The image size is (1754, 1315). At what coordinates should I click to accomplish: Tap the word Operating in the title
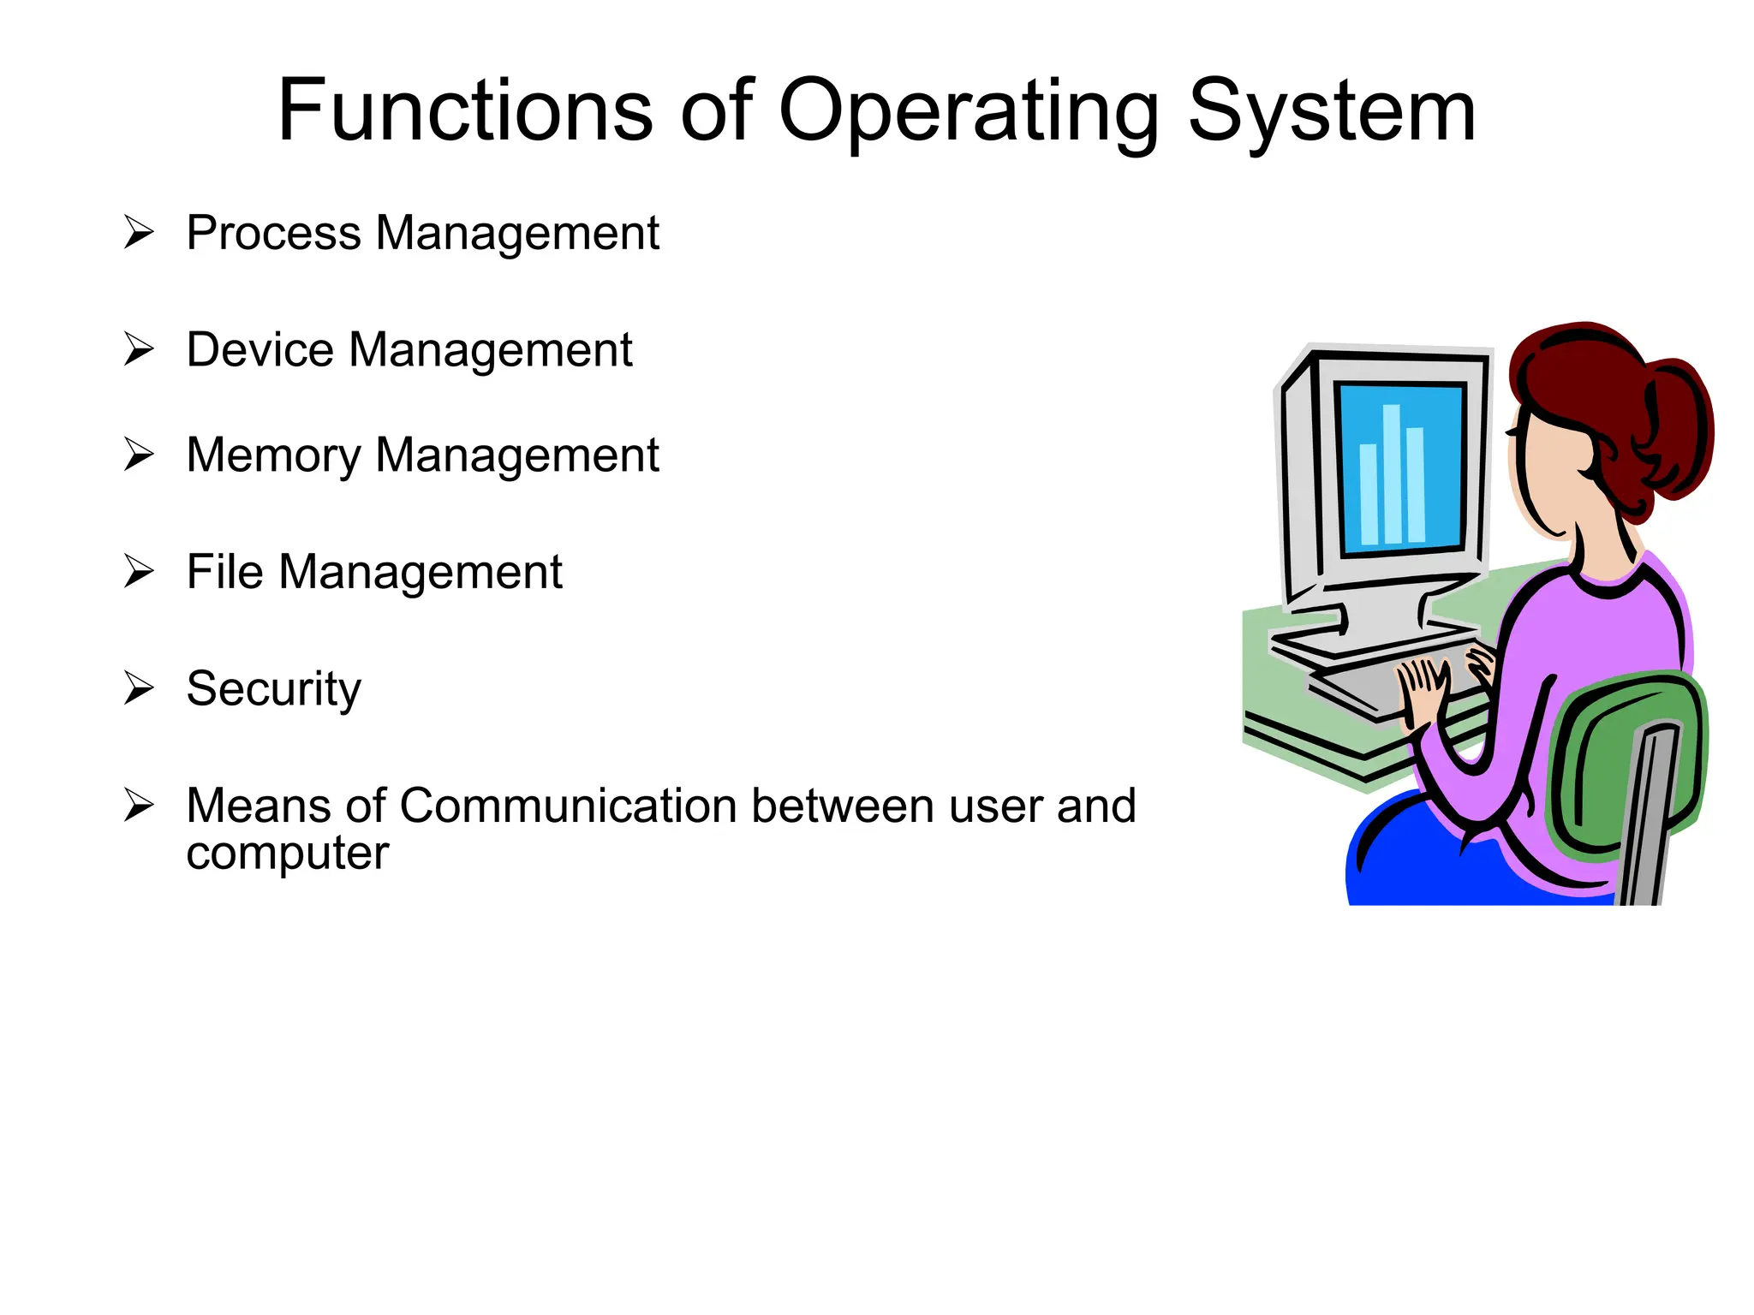pyautogui.click(x=968, y=111)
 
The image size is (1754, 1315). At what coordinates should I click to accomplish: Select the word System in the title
pyautogui.click(x=1331, y=111)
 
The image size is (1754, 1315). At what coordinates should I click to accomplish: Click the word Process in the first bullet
pyautogui.click(x=273, y=233)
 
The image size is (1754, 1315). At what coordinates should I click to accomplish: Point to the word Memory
pyautogui.click(x=273, y=455)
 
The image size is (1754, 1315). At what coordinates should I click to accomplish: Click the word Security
pyautogui.click(x=273, y=689)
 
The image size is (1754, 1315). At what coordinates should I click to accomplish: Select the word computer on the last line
pyautogui.click(x=287, y=853)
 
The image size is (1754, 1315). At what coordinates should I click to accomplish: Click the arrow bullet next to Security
pyautogui.click(x=138, y=687)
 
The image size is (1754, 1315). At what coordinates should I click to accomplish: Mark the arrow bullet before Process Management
pyautogui.click(x=138, y=232)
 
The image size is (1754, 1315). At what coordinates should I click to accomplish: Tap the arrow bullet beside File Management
pyautogui.click(x=138, y=571)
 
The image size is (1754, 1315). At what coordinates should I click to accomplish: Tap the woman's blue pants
pyautogui.click(x=1439, y=865)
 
